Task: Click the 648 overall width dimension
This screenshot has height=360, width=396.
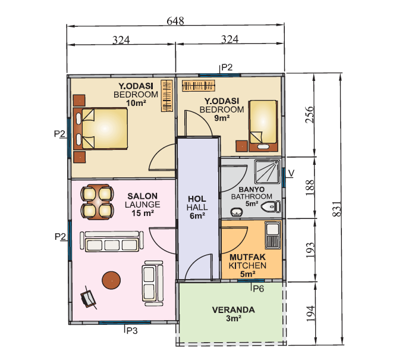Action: tap(175, 21)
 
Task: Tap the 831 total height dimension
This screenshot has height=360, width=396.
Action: tap(337, 209)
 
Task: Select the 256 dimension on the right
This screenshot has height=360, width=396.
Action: tap(310, 114)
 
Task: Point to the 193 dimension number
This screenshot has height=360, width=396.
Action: tap(310, 250)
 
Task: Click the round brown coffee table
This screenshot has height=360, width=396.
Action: tap(111, 280)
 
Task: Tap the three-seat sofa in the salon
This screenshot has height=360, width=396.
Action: tap(112, 242)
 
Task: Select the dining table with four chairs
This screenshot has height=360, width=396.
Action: tap(97, 202)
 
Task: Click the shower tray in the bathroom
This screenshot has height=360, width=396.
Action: tap(267, 171)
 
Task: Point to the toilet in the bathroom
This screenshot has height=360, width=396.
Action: tap(271, 207)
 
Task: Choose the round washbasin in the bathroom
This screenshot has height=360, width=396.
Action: tap(237, 212)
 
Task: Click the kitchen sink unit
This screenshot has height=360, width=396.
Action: tap(272, 235)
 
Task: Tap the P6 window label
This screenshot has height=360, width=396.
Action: tap(259, 289)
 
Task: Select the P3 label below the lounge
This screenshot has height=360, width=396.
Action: tap(132, 330)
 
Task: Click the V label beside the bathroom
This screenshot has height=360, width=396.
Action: tap(291, 173)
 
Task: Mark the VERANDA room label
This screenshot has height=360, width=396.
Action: tap(233, 310)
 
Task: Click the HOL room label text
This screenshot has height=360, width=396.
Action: tap(197, 199)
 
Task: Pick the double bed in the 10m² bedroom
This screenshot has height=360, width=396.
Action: tap(100, 129)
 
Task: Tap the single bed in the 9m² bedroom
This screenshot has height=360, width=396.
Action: tap(263, 126)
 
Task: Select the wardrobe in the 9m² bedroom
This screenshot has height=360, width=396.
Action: tap(199, 86)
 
